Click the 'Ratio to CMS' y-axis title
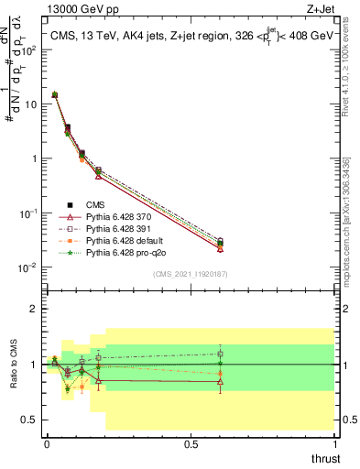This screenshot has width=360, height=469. click(x=14, y=364)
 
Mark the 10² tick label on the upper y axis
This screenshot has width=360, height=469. click(x=29, y=49)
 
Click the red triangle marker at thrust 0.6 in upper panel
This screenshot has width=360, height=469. click(x=220, y=248)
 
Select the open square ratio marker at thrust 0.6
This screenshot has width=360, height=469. click(x=220, y=354)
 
